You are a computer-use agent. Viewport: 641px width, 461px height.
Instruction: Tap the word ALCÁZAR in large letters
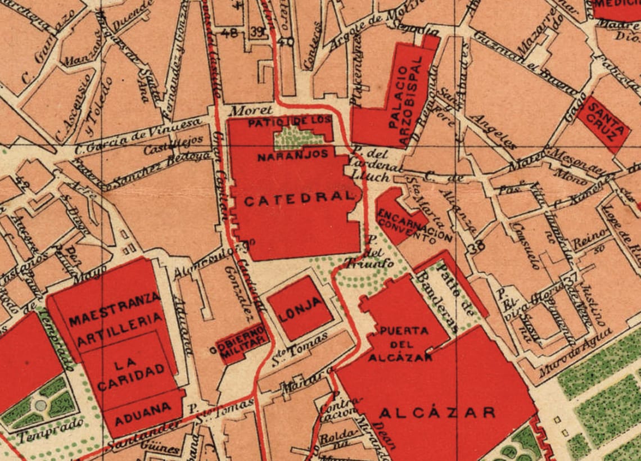437,413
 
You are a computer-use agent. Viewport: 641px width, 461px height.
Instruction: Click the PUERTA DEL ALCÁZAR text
400,344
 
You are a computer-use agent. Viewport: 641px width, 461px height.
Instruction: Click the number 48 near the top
229,32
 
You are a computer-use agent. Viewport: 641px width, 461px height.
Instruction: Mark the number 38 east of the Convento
479,246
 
